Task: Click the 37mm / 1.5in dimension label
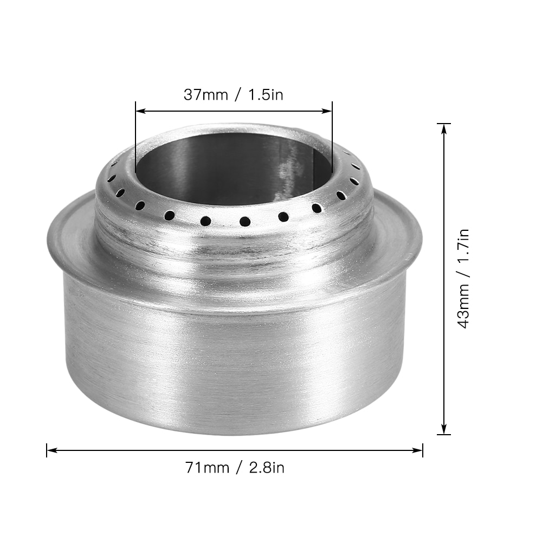pos(234,94)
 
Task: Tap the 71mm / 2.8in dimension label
pos(235,467)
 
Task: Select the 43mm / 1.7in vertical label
pos(463,278)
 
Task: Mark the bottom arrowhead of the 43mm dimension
pos(444,429)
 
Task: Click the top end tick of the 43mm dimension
pos(444,124)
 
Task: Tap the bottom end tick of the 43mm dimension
pos(444,434)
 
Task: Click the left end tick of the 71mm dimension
pos(47,449)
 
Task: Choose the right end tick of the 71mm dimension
pos(422,449)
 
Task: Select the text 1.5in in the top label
pos(266,94)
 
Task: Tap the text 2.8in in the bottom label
pos(266,467)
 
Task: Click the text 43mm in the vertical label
pos(463,308)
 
